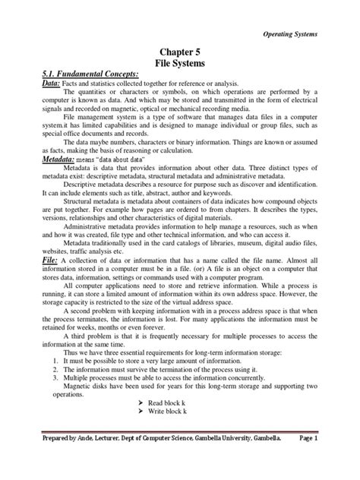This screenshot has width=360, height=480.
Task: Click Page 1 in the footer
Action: pos(331,460)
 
